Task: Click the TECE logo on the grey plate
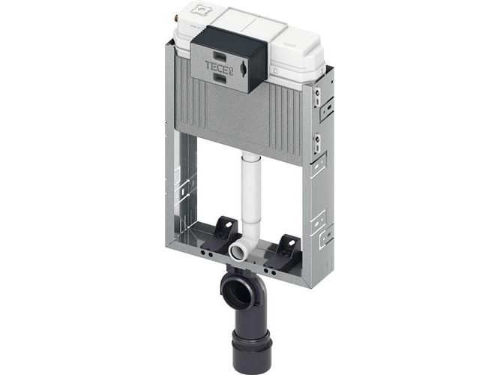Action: tap(220, 67)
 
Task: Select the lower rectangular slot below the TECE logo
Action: tap(220, 78)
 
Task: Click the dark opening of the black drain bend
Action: tap(238, 292)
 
